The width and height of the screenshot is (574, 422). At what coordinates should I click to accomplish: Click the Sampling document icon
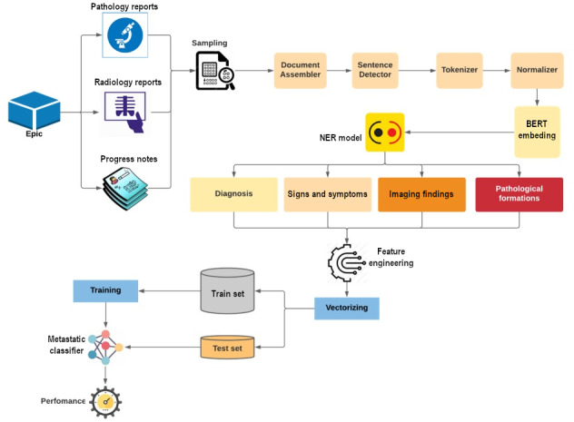point(216,71)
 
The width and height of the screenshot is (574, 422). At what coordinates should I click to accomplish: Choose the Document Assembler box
point(301,71)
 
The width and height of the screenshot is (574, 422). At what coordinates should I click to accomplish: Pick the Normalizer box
point(535,71)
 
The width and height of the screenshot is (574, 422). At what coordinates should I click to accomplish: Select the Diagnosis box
point(233,194)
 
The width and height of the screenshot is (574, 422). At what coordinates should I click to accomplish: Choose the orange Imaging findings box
point(421,194)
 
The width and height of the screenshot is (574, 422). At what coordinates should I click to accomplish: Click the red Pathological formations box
point(519,194)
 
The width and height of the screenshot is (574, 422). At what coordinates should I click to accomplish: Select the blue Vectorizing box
point(347,309)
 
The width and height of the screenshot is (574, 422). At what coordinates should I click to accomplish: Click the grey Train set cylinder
point(228,291)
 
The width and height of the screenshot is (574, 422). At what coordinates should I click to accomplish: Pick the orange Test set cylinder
point(228,347)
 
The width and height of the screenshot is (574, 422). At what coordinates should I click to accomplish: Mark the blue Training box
point(105,291)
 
